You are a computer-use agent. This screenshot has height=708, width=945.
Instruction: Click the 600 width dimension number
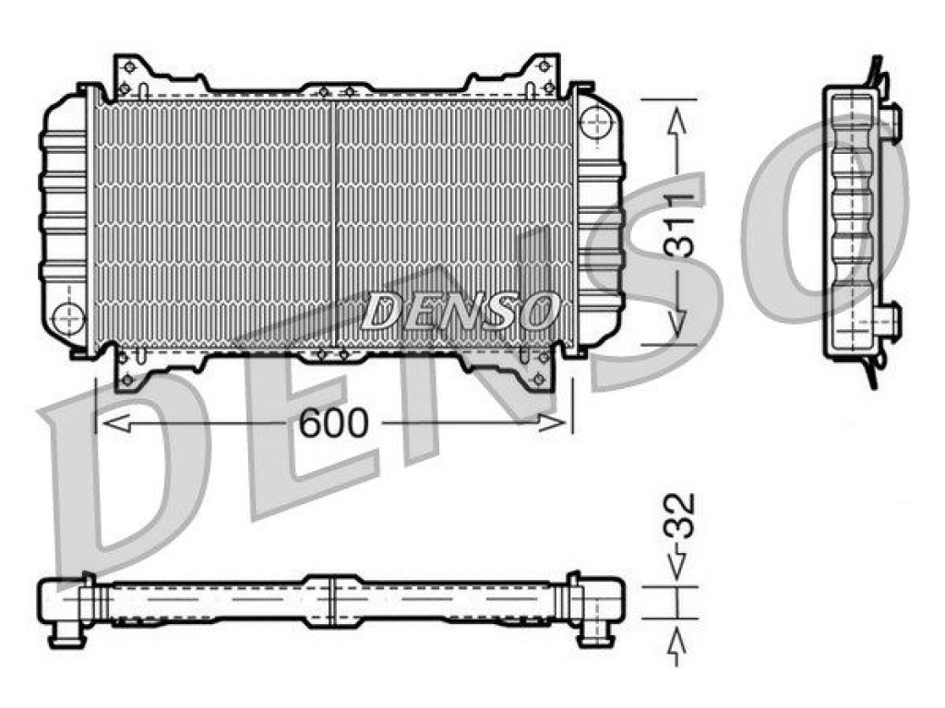(x=333, y=422)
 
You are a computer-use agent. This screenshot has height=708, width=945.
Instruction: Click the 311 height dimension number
(x=677, y=226)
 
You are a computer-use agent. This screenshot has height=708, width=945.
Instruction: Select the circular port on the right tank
(x=595, y=122)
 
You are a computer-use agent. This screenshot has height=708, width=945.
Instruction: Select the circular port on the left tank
(x=68, y=318)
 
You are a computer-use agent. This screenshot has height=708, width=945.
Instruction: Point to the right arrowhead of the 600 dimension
(x=553, y=423)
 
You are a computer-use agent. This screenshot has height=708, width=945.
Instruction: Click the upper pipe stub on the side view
(x=893, y=116)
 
